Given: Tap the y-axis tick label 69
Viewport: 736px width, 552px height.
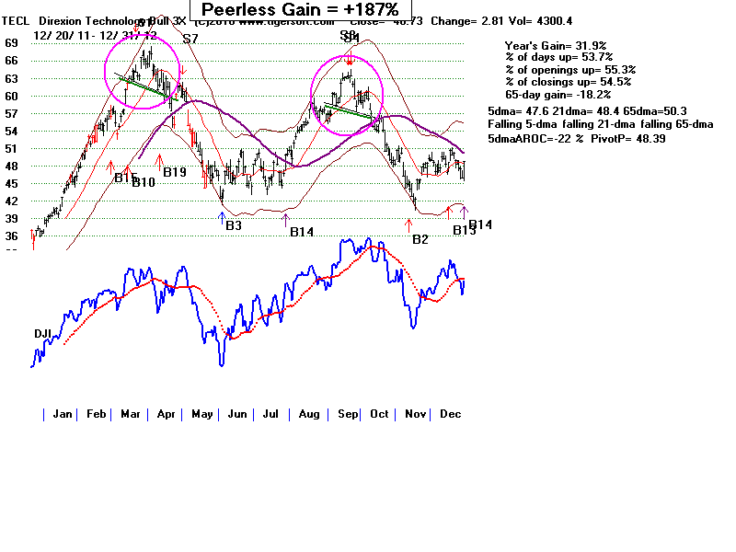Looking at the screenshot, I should [x=11, y=43].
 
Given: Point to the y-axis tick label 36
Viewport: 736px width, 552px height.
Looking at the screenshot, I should [x=11, y=236].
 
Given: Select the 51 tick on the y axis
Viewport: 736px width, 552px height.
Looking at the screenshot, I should [x=11, y=148].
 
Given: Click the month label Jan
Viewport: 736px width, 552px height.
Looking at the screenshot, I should [x=62, y=415].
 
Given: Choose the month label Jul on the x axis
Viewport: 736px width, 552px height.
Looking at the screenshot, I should [x=270, y=415].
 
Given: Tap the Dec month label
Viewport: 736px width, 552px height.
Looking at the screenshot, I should [x=449, y=415].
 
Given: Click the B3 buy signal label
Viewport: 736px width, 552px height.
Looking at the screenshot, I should [x=234, y=225].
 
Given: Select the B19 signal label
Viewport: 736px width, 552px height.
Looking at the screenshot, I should [x=175, y=172].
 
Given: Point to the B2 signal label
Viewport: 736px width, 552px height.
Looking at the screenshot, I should [x=420, y=239].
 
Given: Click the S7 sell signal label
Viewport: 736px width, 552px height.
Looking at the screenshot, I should [x=190, y=40].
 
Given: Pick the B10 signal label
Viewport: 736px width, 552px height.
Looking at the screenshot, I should [x=144, y=183].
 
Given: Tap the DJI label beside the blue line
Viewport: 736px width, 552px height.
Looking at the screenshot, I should [x=44, y=333].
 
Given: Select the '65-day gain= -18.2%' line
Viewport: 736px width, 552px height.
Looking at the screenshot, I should [x=558, y=94].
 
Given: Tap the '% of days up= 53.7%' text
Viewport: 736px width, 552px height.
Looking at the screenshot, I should [x=558, y=58].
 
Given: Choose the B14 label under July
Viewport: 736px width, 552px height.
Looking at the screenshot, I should [x=302, y=232].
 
